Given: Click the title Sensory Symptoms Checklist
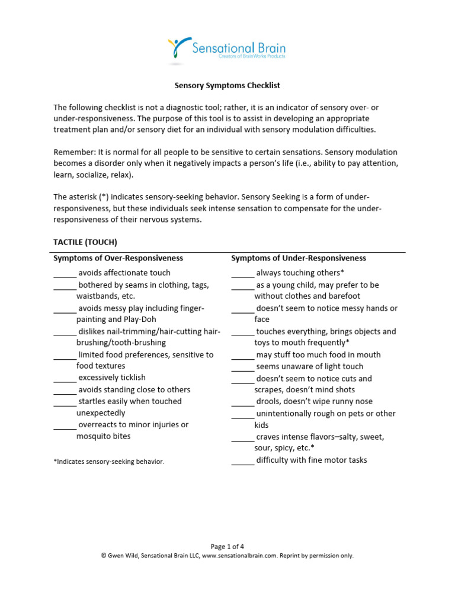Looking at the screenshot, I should (x=227, y=85).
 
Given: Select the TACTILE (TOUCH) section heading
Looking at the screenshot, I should (x=85, y=242).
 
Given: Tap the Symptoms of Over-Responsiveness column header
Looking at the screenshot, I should (x=118, y=258).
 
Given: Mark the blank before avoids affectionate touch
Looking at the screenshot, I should (x=65, y=273).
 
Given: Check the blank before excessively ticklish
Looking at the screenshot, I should (x=65, y=378).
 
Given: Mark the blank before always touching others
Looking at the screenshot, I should (x=242, y=273).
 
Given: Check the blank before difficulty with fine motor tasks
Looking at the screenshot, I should (x=242, y=461).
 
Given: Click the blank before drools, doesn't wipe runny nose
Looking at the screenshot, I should (x=242, y=402).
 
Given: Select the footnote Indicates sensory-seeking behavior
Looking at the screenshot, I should (x=108, y=462).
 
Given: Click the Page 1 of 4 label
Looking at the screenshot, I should (x=227, y=546).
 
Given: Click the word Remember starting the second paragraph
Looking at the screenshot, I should (x=74, y=152).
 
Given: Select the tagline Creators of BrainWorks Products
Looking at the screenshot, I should (x=252, y=57).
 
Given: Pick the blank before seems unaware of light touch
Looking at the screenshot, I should (x=242, y=367).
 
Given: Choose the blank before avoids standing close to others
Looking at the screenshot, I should (x=65, y=390).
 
